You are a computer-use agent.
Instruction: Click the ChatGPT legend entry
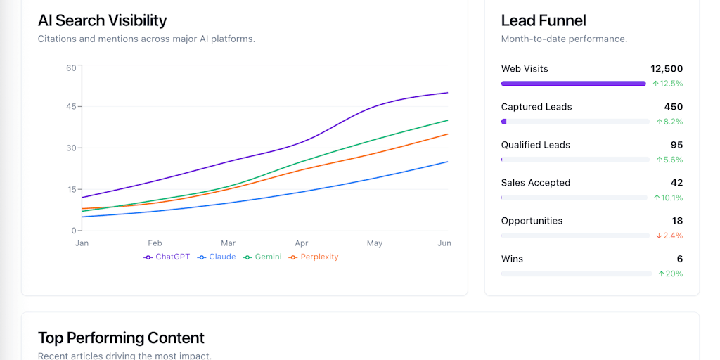(x=167, y=257)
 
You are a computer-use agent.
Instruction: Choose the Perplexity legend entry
(x=314, y=257)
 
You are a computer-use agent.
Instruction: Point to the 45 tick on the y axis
(x=71, y=107)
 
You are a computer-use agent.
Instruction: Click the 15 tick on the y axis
(x=71, y=189)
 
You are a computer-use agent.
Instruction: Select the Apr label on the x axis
(x=302, y=243)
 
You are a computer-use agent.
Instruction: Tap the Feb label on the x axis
(x=155, y=243)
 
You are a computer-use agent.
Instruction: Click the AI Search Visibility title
(x=102, y=20)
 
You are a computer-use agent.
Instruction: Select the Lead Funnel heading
(x=544, y=20)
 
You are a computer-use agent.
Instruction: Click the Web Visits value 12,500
(x=667, y=69)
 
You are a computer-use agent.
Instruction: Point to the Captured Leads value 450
(x=673, y=107)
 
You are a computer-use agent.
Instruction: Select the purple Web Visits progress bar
(x=573, y=84)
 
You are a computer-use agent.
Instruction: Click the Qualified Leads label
(x=535, y=145)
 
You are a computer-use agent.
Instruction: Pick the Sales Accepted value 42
(x=676, y=183)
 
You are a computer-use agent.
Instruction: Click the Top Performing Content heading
(x=121, y=337)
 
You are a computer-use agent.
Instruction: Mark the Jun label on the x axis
(x=444, y=243)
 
